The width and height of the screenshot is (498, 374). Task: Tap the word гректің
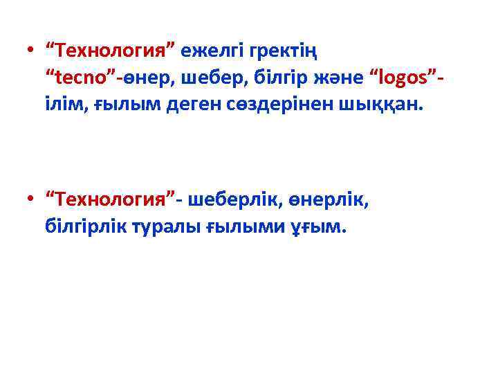click(284, 51)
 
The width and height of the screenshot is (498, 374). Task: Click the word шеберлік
click(230, 201)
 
